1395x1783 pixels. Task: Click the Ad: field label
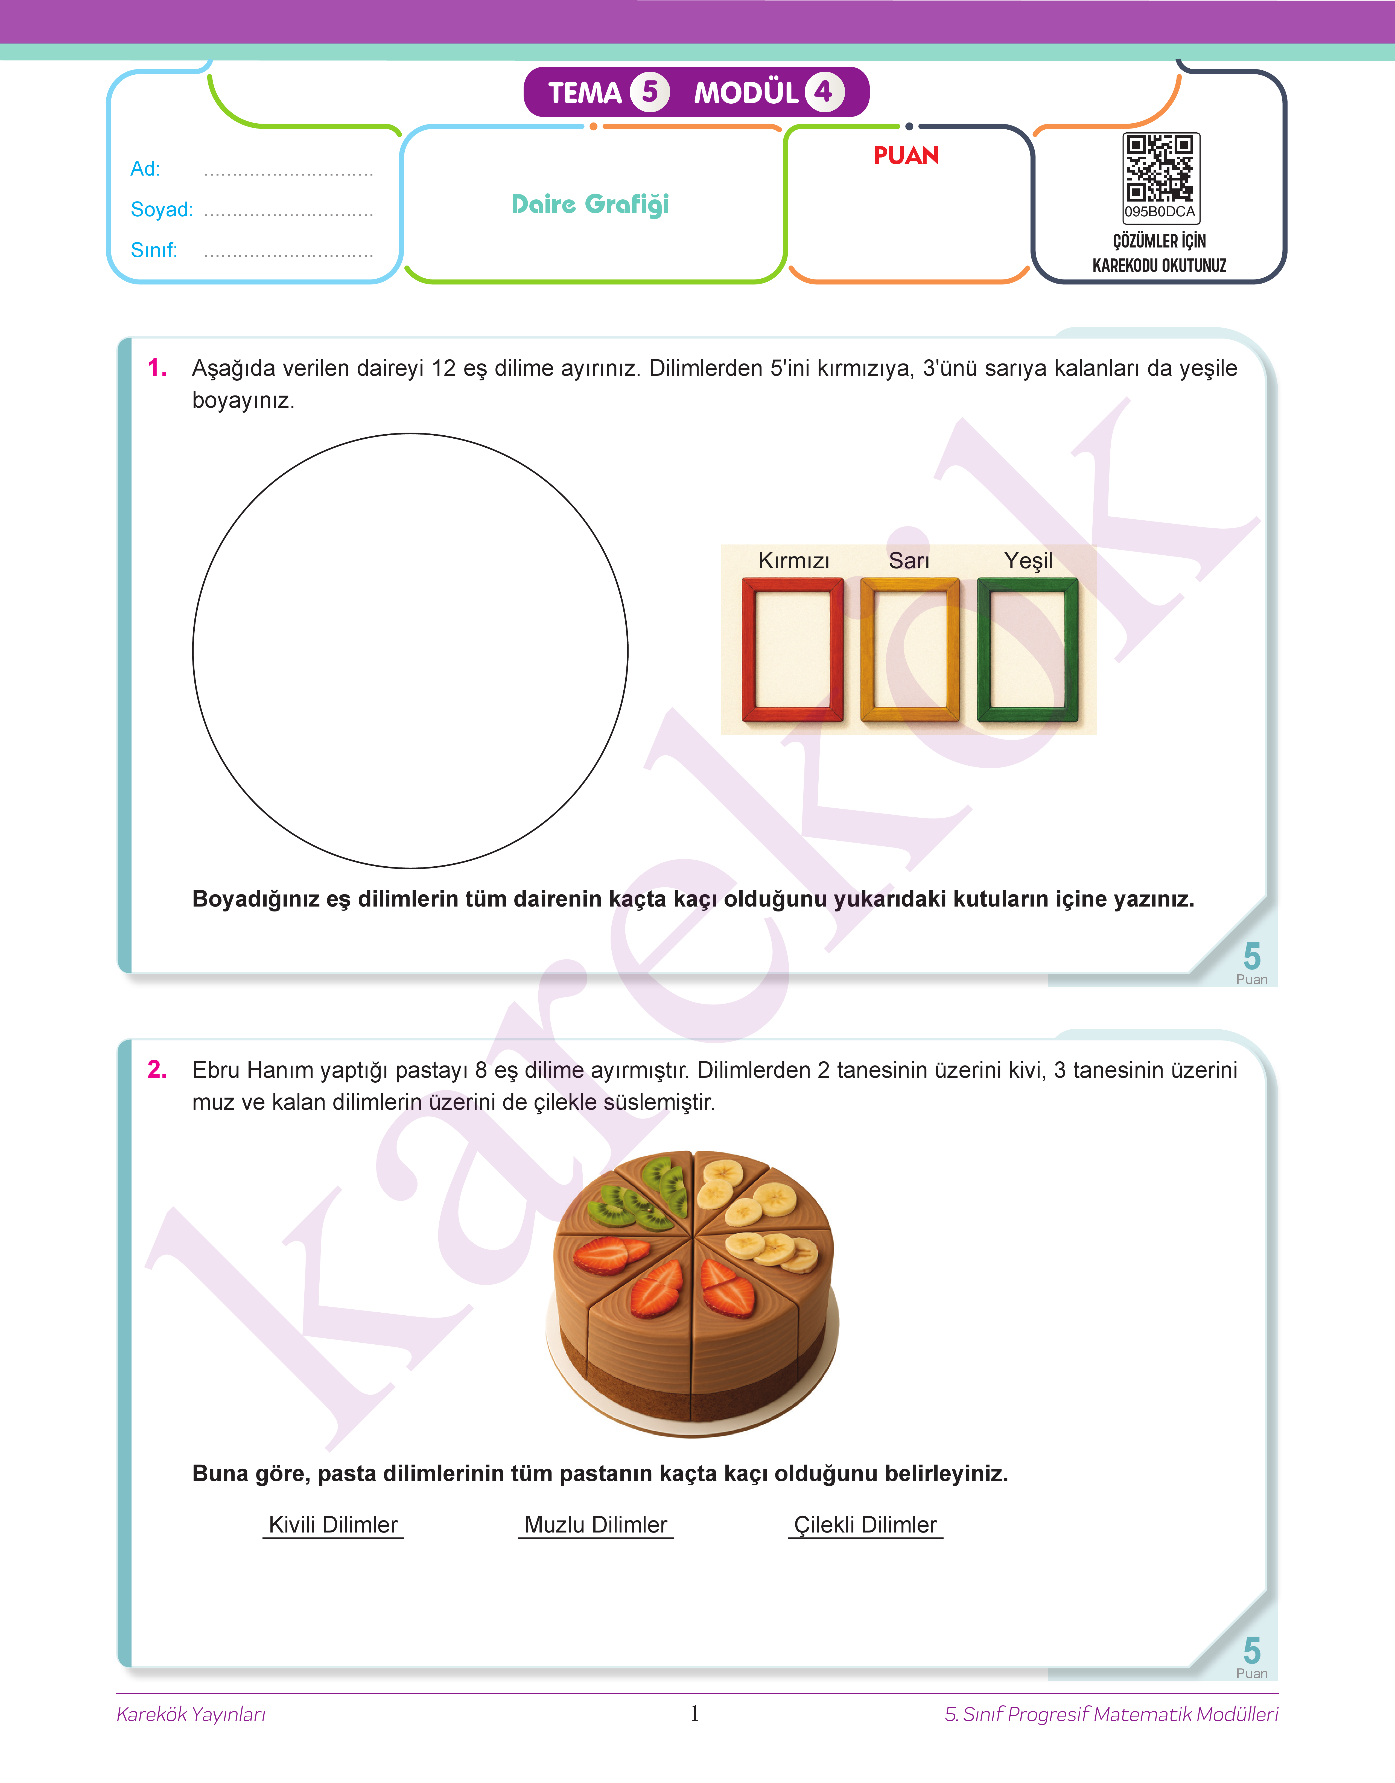pos(145,169)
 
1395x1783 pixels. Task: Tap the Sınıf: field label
pos(154,250)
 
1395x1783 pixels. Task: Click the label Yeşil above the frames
pos(1028,561)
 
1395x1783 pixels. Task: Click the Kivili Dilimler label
pos(333,1525)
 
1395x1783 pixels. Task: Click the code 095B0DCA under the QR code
pos(1160,212)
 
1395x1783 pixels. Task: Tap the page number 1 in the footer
pos(695,1714)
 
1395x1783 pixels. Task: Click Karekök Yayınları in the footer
pos(191,1714)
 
